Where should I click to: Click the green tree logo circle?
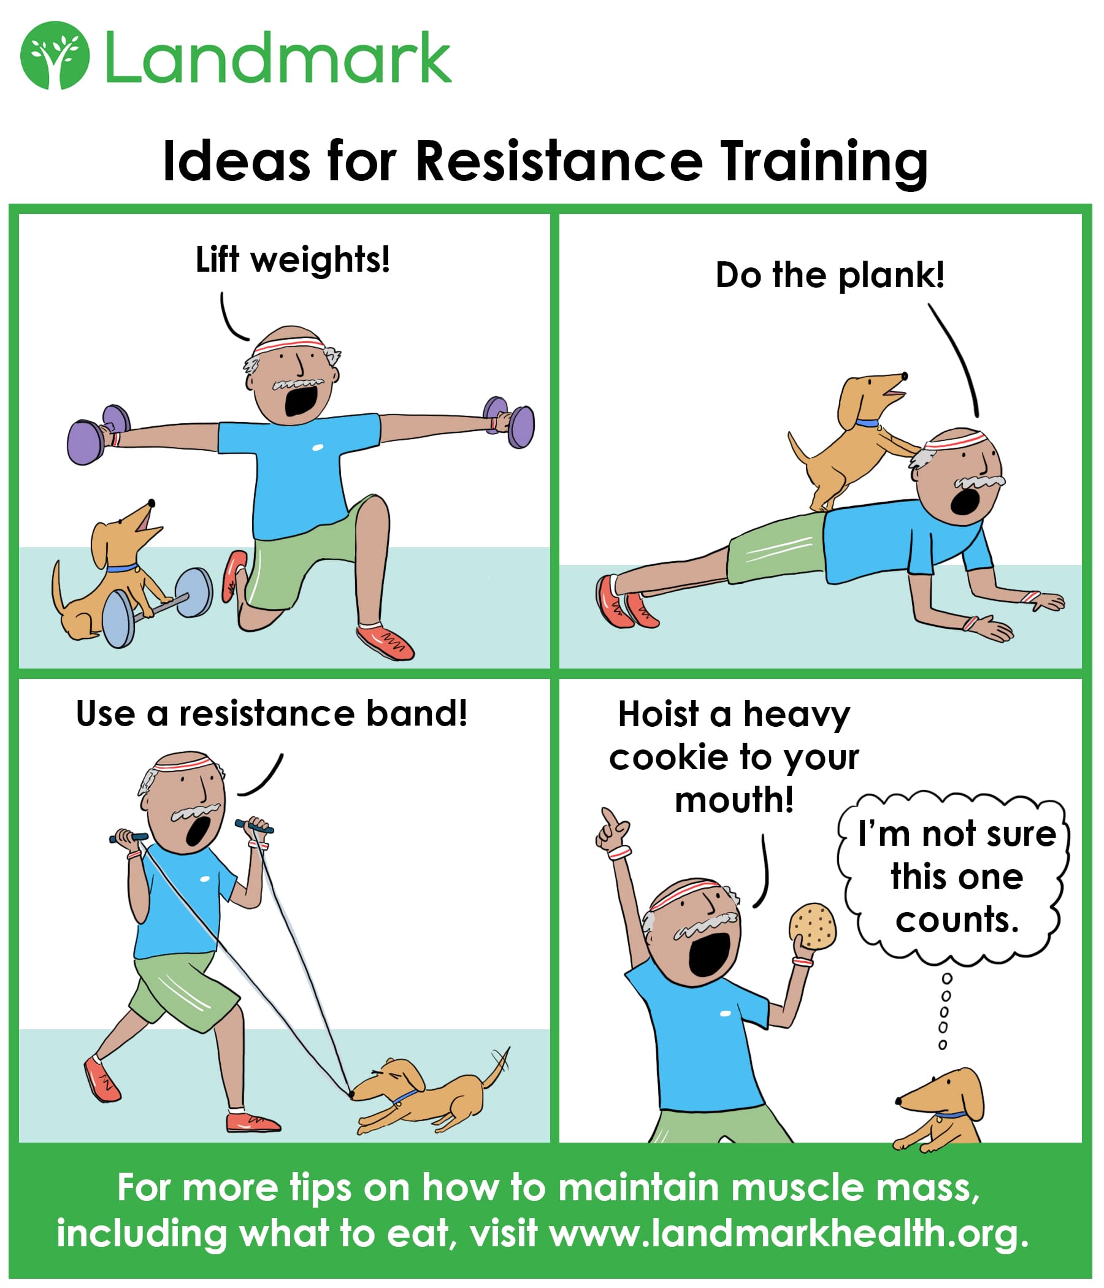pyautogui.click(x=55, y=55)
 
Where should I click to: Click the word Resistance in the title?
pyautogui.click(x=559, y=161)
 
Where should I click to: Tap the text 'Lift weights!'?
pyautogui.click(x=293, y=259)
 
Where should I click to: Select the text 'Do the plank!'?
pyautogui.click(x=830, y=276)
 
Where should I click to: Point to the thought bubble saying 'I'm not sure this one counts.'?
pyautogui.click(x=954, y=878)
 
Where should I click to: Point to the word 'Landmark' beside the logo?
pyautogui.click(x=278, y=57)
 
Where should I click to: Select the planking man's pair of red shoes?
pyautogui.click(x=627, y=601)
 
